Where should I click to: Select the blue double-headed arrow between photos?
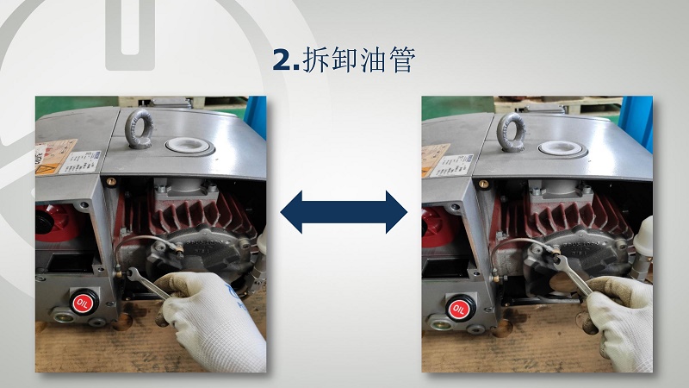click(x=344, y=211)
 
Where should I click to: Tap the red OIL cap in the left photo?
click(x=83, y=302)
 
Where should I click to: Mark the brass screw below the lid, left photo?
click(x=110, y=182)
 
